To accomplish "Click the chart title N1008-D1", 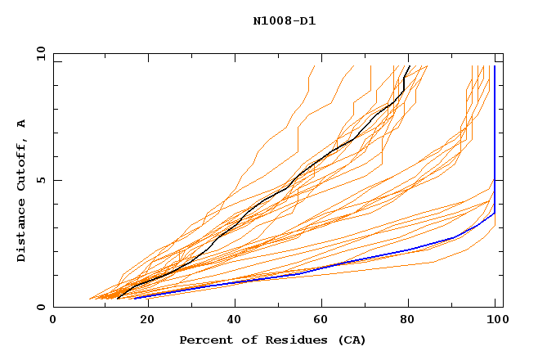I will click(x=284, y=21).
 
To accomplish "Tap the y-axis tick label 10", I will click(x=39, y=53).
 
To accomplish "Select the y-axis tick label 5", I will click(x=43, y=180).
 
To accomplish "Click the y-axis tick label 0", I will click(x=43, y=307).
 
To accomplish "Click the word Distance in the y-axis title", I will click(x=22, y=234).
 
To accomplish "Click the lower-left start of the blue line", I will click(x=135, y=299).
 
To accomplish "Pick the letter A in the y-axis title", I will click(x=22, y=124).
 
